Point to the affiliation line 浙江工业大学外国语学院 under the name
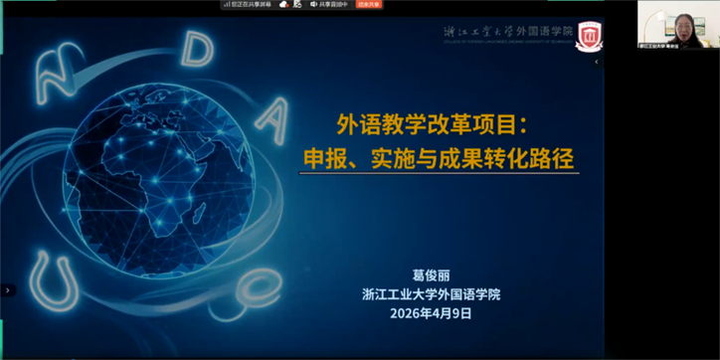pyautogui.click(x=432, y=293)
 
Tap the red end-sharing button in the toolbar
pyautogui.click(x=370, y=5)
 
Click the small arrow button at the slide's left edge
pyautogui.click(x=8, y=290)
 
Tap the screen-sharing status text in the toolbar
pyautogui.click(x=251, y=5)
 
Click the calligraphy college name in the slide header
pyautogui.click(x=508, y=33)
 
